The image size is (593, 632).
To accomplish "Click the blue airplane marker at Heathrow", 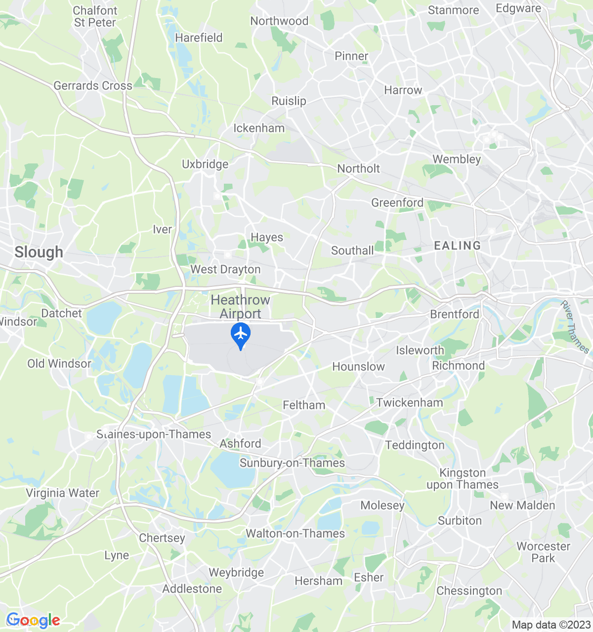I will tap(241, 335).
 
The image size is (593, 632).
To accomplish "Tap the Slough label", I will tap(39, 252).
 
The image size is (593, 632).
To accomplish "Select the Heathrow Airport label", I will tap(241, 307).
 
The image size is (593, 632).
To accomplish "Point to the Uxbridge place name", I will tap(205, 164).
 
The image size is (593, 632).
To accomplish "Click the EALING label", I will tap(457, 245).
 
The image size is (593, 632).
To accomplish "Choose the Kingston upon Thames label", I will tap(463, 479).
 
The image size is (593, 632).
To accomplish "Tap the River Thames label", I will tap(575, 327).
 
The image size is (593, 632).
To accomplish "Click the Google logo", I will tap(33, 620).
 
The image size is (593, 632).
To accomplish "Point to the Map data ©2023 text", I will tap(551, 625).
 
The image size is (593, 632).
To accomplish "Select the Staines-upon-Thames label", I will tap(154, 434).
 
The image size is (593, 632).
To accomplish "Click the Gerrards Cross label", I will tap(93, 86).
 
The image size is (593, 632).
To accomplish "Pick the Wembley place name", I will tap(457, 159).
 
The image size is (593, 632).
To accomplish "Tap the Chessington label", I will tap(469, 591).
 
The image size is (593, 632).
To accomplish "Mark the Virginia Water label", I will tap(63, 493).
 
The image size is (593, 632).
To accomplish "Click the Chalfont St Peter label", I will tap(95, 16).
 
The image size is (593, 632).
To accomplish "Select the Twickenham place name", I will tap(410, 402).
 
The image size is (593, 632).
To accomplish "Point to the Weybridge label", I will tap(236, 573).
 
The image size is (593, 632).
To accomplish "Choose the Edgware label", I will tap(518, 8).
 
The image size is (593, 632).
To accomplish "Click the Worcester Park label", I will tap(543, 552).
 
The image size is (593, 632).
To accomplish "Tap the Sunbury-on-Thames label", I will tap(292, 463).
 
